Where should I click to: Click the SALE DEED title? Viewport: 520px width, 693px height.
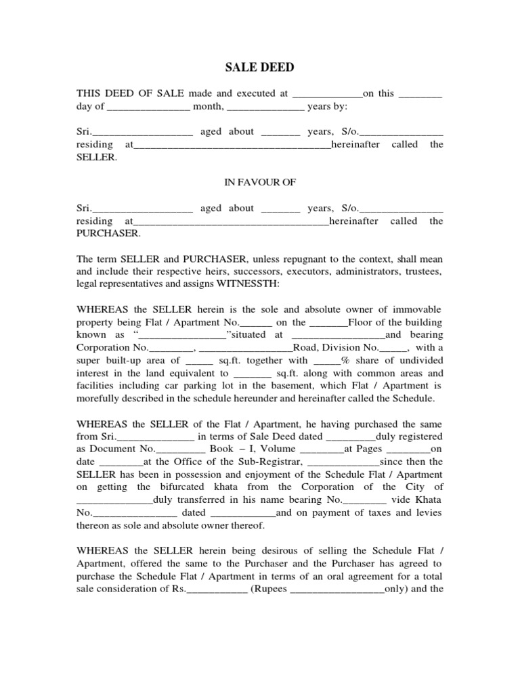tap(259, 68)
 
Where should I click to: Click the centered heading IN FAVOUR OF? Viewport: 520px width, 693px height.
tap(260, 183)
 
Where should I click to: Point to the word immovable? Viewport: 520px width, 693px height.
tap(416, 309)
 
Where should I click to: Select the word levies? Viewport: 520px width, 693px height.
tap(427, 512)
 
